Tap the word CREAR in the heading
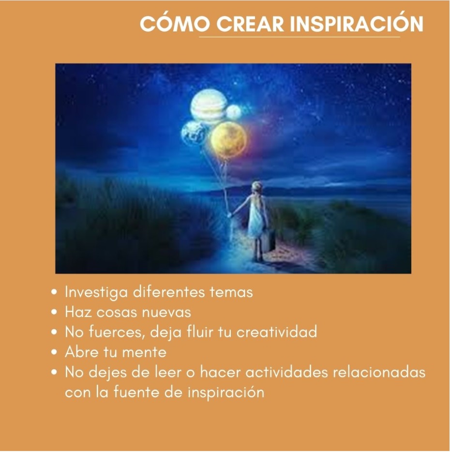pyautogui.click(x=250, y=24)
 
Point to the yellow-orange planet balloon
pyautogui.click(x=229, y=139)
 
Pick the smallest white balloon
pyautogui.click(x=234, y=112)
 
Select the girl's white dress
pyautogui.click(x=256, y=219)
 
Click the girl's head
pyautogui.click(x=256, y=187)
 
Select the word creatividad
pyautogui.click(x=277, y=331)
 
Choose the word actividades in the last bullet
pyautogui.click(x=287, y=372)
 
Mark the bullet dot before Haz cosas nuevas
pyautogui.click(x=54, y=313)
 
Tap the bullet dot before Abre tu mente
pyautogui.click(x=54, y=352)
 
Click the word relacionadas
pyautogui.click(x=379, y=372)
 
